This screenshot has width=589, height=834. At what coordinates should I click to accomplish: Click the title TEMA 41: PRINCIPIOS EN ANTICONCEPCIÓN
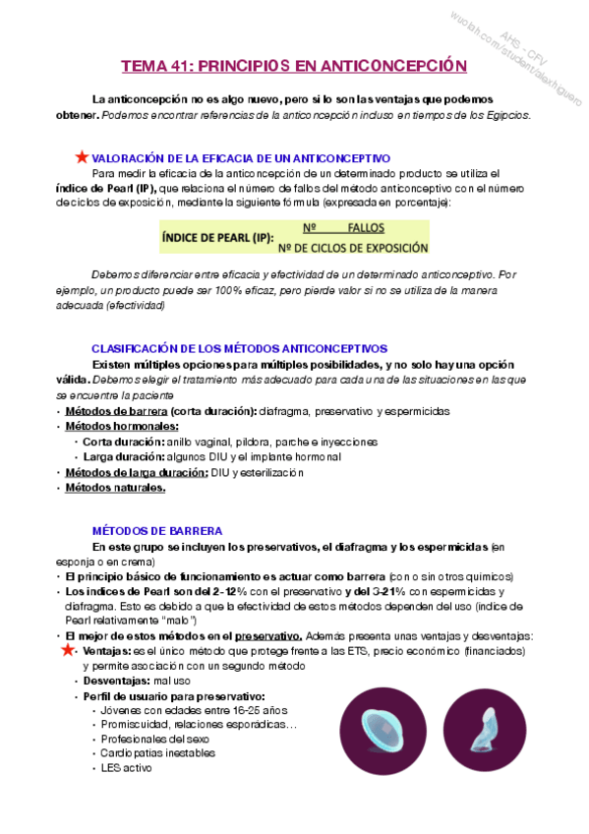292,67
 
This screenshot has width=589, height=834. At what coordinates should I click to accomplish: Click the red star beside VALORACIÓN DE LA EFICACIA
81,157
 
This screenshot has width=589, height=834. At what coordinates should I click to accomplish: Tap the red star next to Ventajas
67,650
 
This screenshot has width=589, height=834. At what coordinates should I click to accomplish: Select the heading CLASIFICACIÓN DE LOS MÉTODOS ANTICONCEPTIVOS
239,349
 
